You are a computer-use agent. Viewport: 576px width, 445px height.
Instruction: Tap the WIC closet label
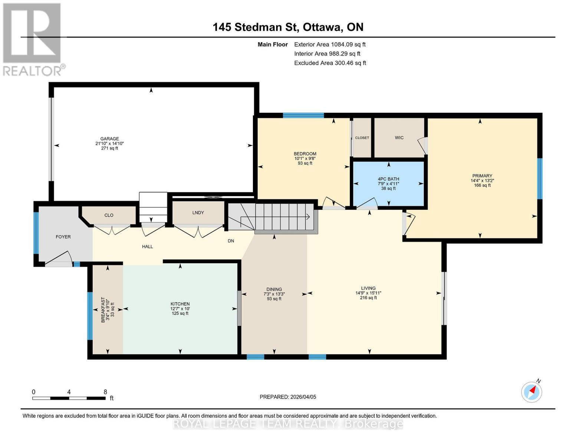point(399,138)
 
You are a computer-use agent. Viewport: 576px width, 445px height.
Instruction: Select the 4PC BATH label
point(388,179)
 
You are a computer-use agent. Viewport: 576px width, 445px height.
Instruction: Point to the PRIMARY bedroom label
point(482,176)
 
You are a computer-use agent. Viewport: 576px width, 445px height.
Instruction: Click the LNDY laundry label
point(198,212)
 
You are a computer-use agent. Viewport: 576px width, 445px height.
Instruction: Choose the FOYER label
point(63,237)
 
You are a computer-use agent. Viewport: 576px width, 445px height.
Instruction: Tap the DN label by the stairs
point(231,241)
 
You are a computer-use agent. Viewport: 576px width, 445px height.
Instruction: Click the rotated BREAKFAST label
point(103,310)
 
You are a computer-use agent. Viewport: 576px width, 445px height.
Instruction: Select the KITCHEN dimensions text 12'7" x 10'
point(180,309)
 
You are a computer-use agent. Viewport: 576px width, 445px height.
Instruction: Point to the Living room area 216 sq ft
point(368,297)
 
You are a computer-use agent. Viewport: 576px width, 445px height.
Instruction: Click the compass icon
point(531,392)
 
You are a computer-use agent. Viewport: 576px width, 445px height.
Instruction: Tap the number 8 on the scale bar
point(105,392)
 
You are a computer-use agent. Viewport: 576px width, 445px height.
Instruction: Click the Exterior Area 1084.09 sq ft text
point(330,44)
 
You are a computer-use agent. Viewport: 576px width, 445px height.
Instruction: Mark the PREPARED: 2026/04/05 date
point(288,397)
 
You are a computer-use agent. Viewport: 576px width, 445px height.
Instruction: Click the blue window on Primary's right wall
point(540,178)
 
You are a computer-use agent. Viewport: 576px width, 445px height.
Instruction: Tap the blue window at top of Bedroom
point(303,115)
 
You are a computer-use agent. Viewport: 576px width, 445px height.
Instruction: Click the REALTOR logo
point(33,39)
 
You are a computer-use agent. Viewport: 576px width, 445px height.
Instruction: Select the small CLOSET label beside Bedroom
point(362,138)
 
